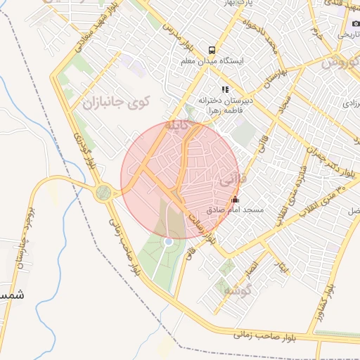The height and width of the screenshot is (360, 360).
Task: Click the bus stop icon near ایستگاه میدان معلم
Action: pyautogui.click(x=212, y=50)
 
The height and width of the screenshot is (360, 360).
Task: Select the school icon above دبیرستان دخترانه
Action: pyautogui.click(x=225, y=89)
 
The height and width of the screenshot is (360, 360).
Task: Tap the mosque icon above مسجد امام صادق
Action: pyautogui.click(x=234, y=199)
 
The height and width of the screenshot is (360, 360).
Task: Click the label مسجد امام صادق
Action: pyautogui.click(x=235, y=210)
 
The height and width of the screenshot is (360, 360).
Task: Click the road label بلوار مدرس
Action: pyautogui.click(x=179, y=39)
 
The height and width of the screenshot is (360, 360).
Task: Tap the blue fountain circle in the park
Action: pyautogui.click(x=168, y=242)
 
